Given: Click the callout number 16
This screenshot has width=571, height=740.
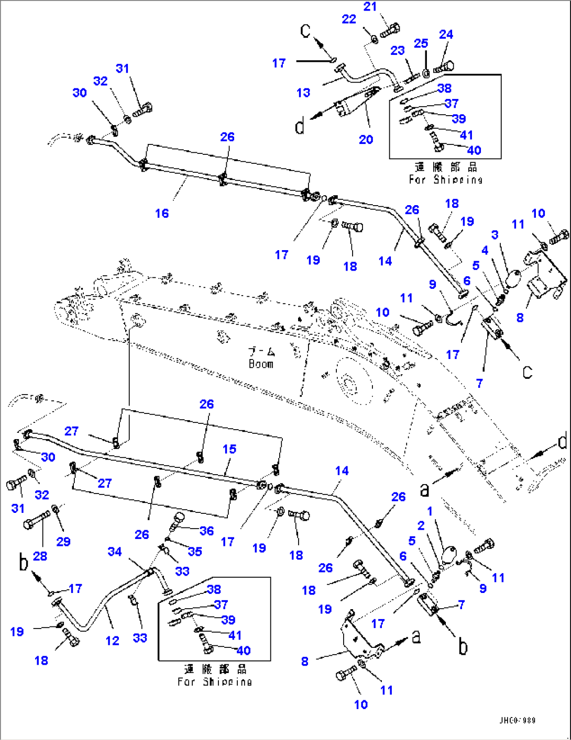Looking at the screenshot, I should (162, 213).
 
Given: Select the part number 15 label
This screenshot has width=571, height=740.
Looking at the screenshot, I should (229, 449).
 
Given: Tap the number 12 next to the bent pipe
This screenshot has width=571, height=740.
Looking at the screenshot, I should (112, 641).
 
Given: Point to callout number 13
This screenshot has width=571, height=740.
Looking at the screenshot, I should (303, 93).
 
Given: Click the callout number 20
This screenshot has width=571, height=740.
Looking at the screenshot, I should (366, 139).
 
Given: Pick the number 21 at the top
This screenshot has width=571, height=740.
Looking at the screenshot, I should (370, 6).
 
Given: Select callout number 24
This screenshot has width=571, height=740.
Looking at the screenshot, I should (446, 34).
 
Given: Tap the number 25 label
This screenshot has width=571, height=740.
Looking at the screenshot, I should (421, 43).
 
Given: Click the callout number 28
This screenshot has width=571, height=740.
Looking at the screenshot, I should (40, 556).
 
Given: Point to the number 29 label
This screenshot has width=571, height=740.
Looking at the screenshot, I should (63, 542).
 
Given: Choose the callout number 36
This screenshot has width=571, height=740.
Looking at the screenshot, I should (206, 531).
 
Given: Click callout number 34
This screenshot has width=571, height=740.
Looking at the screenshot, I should (115, 552).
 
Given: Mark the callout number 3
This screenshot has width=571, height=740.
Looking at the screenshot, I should (495, 234).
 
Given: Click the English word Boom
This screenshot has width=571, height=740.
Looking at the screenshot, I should (261, 364).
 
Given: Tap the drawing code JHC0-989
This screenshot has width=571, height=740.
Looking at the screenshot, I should (517, 721).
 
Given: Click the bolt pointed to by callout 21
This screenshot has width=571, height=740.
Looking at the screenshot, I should (390, 31).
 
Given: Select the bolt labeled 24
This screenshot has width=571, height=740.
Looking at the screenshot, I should (444, 67).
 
